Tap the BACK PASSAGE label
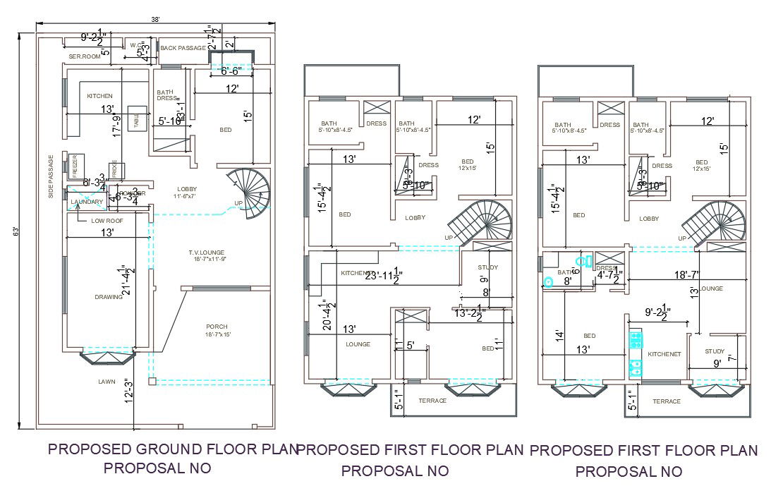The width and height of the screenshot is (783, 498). point(183,48)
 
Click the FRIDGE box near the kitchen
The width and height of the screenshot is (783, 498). point(114,171)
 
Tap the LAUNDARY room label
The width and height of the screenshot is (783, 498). point(86,202)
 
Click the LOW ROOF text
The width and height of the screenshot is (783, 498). point(107,221)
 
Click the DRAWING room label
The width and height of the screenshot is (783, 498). point(108,297)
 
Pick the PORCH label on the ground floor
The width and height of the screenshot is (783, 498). point(217,327)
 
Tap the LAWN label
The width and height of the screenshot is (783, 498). point(107,382)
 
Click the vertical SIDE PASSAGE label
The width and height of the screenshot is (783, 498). point(51,176)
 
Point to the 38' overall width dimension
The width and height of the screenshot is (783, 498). point(154,19)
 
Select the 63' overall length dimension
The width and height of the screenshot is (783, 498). point(26,231)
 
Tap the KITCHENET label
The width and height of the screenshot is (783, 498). point(664,354)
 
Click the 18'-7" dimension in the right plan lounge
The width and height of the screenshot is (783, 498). point(686,274)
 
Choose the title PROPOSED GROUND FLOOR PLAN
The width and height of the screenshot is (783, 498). point(172,449)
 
